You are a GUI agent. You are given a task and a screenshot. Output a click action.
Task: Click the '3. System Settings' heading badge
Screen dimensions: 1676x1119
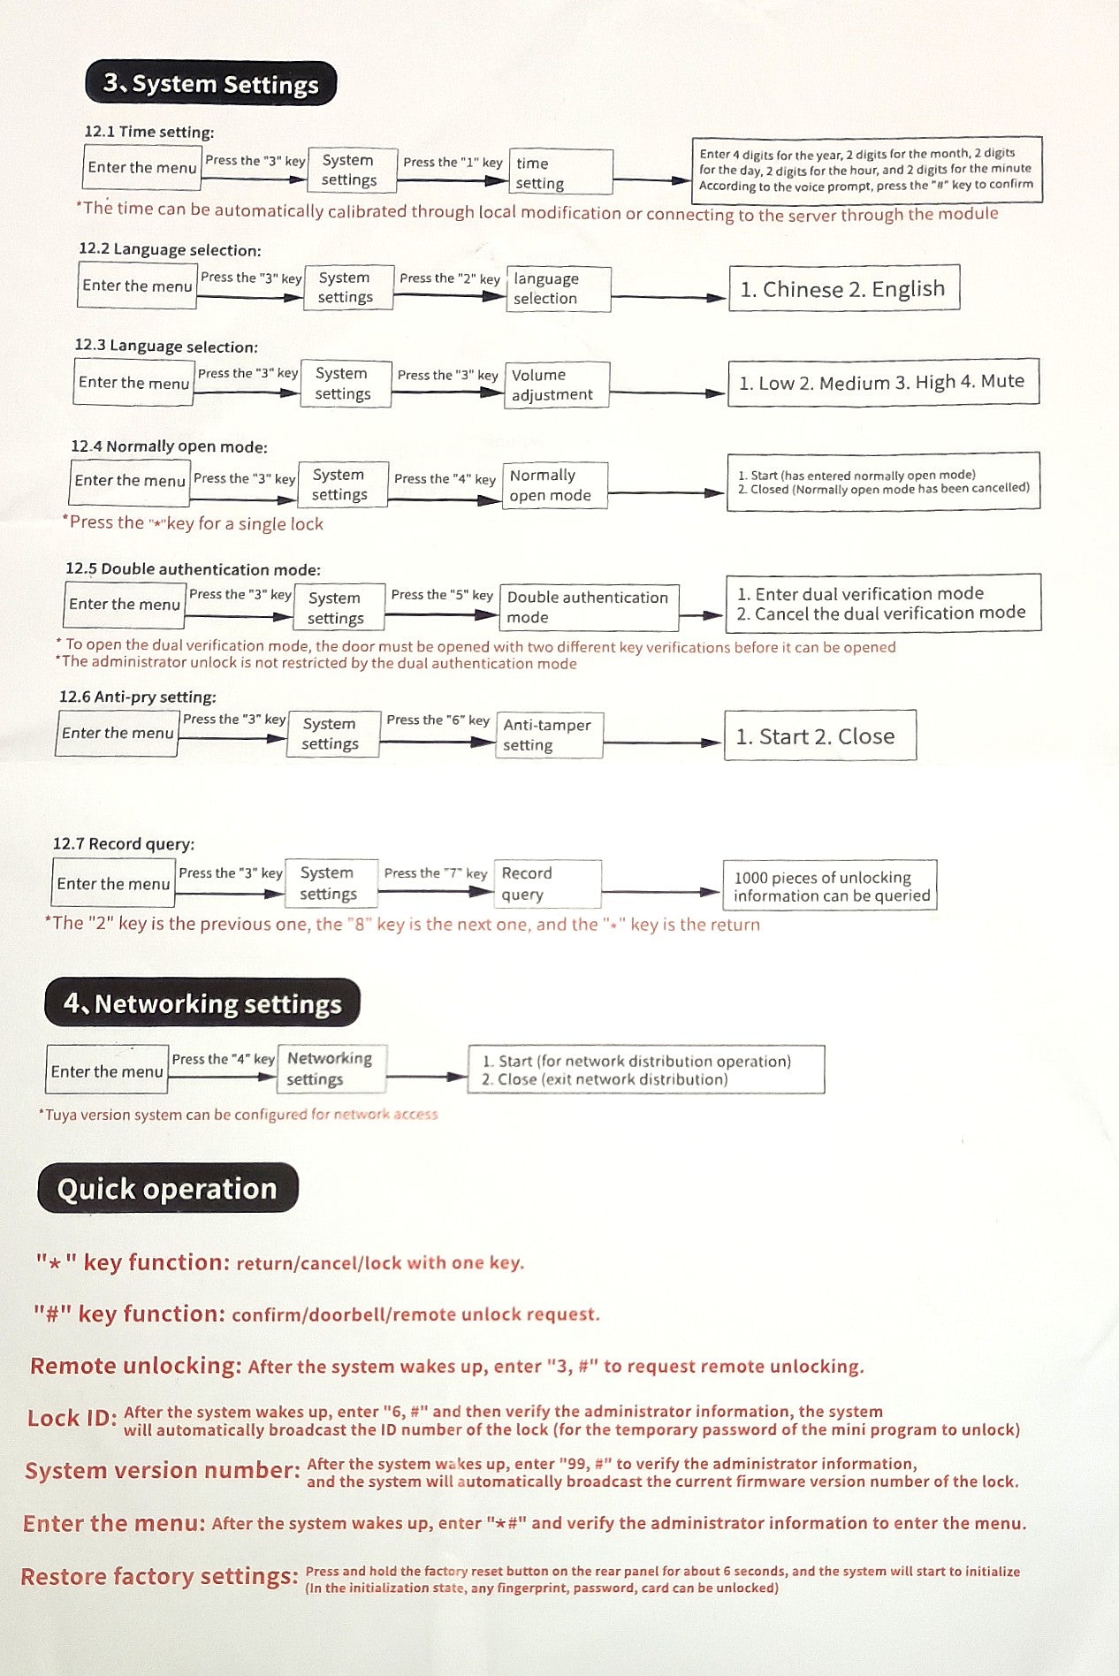[210, 84]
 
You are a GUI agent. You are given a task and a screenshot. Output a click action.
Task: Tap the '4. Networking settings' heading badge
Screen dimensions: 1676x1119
[202, 1003]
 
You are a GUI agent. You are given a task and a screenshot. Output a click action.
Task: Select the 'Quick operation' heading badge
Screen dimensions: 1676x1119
[167, 1189]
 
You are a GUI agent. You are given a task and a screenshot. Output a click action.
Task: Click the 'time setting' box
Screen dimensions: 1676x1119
[560, 172]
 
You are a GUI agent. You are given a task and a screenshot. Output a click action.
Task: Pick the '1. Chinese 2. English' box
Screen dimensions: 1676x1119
[843, 289]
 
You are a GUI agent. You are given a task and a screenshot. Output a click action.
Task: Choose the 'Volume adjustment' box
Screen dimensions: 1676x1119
[556, 385]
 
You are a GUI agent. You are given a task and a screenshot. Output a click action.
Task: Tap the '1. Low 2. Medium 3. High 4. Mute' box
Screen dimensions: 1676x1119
[882, 382]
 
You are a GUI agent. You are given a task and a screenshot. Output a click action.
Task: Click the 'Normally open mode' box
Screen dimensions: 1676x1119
[553, 485]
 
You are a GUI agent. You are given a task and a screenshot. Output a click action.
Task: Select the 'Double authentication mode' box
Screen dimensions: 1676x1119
[589, 607]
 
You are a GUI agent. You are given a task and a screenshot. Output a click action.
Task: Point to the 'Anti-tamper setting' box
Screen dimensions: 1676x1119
[549, 735]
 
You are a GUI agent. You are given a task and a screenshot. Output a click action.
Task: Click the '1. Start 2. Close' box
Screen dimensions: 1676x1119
[819, 735]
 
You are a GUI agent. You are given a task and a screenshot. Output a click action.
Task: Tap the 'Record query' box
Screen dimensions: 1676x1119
[547, 883]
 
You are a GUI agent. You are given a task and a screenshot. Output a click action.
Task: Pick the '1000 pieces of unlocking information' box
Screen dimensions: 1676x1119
[830, 886]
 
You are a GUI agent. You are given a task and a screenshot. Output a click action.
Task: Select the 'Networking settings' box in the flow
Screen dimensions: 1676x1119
[331, 1069]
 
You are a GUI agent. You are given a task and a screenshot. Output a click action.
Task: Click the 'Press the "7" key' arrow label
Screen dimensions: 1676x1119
[435, 873]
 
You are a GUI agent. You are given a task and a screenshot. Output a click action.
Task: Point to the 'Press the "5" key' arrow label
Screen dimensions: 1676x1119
[442, 595]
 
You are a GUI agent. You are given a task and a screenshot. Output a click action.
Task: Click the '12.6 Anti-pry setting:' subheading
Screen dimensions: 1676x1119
[138, 697]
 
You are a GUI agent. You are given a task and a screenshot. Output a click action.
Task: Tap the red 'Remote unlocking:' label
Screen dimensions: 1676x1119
[135, 1366]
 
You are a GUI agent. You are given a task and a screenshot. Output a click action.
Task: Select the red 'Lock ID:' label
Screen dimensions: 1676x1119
[72, 1419]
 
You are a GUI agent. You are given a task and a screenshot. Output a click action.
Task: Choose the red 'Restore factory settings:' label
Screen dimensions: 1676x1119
[159, 1577]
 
